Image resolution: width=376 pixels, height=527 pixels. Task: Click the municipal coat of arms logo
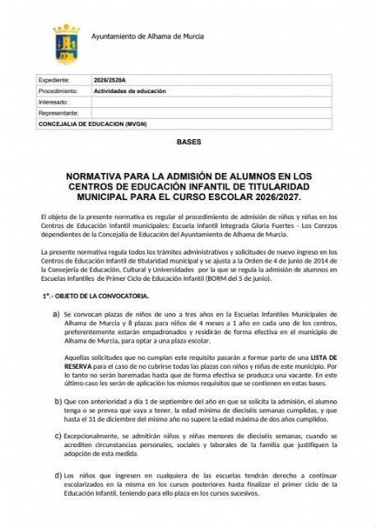66,44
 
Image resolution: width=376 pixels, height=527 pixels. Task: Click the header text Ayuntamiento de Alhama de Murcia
147,37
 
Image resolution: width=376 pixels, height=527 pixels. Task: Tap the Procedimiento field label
58,91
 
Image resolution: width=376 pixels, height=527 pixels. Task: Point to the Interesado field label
53,102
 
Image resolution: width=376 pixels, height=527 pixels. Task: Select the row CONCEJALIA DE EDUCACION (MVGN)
91,124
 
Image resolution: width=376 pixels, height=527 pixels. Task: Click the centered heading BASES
188,142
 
